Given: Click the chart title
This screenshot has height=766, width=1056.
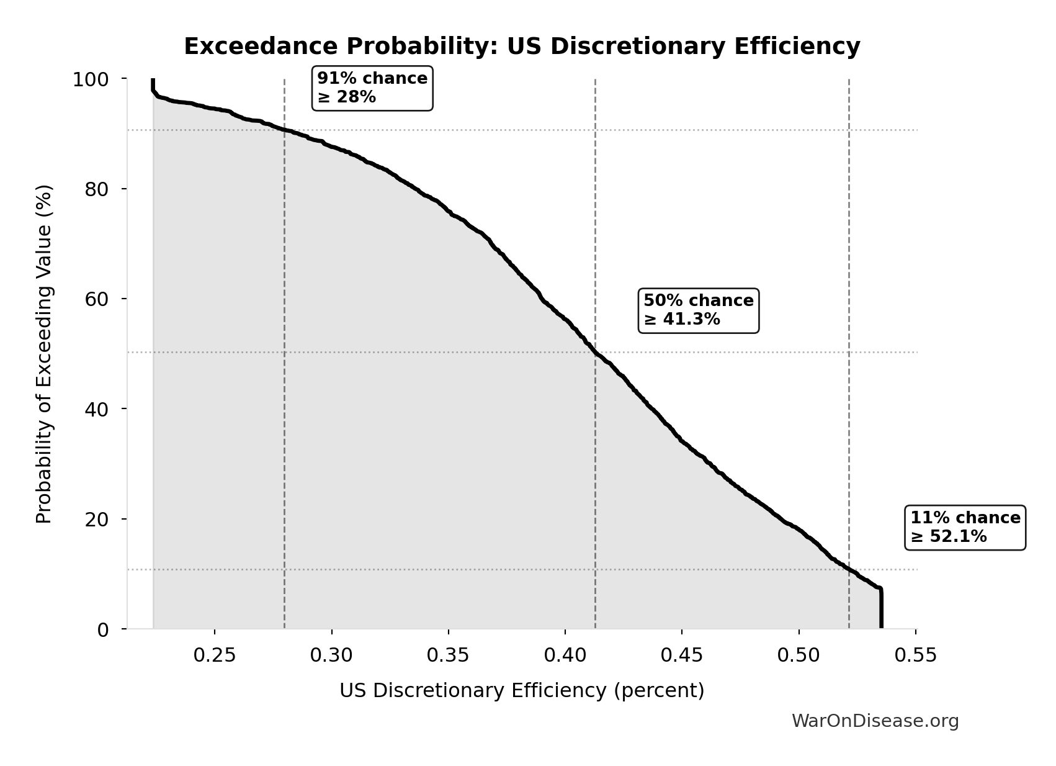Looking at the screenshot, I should point(522,47).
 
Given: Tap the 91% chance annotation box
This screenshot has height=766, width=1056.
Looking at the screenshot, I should point(372,88).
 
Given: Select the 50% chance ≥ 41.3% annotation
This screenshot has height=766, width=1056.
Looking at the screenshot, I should point(698,310).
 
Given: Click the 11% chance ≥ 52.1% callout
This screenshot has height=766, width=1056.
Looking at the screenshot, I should point(965,527).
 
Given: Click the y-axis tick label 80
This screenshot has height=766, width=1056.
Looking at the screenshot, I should point(97,189).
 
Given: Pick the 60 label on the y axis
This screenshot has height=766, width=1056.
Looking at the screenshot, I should point(97,299).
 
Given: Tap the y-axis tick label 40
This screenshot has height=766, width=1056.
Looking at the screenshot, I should point(97,409).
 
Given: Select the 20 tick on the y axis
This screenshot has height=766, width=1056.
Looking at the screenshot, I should point(97,520).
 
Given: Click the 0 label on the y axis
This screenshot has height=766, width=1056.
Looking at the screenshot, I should point(103,629).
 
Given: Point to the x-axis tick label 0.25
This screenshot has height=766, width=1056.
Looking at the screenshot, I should point(215,656).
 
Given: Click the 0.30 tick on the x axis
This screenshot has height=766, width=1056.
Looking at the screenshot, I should point(331,656).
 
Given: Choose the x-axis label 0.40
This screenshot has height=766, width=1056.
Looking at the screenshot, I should point(565,656).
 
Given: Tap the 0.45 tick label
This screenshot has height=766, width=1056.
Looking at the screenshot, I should point(682,656).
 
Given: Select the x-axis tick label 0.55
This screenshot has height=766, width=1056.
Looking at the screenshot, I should point(916,656).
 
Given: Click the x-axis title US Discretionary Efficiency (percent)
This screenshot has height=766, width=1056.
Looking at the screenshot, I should point(522,691).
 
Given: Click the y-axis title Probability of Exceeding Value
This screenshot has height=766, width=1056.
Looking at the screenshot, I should point(44,354).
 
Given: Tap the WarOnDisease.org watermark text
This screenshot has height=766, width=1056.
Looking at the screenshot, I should point(875,721).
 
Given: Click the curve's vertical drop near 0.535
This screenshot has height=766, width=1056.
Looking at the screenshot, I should point(880,608).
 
